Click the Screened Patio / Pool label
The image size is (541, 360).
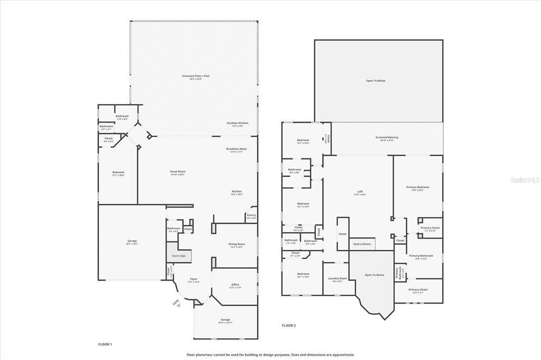(x=195, y=76)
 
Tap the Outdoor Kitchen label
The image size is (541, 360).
(x=238, y=123)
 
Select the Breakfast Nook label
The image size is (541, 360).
(x=236, y=149)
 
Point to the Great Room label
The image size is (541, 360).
(x=178, y=172)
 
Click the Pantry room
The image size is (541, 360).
(x=250, y=216)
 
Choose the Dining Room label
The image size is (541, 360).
(x=236, y=244)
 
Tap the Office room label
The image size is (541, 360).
(x=235, y=285)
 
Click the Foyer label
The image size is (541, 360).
(x=193, y=280)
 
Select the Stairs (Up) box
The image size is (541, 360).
(x=179, y=255)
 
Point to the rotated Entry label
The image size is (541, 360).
(x=175, y=301)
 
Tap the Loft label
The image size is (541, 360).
(x=360, y=192)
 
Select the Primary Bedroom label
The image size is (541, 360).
(x=417, y=187)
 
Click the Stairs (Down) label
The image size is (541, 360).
(x=362, y=244)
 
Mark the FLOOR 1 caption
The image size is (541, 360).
(x=105, y=344)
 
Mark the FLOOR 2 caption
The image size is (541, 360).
(x=288, y=326)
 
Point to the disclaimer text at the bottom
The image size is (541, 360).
(x=270, y=355)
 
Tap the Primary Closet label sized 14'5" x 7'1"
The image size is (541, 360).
(x=418, y=290)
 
